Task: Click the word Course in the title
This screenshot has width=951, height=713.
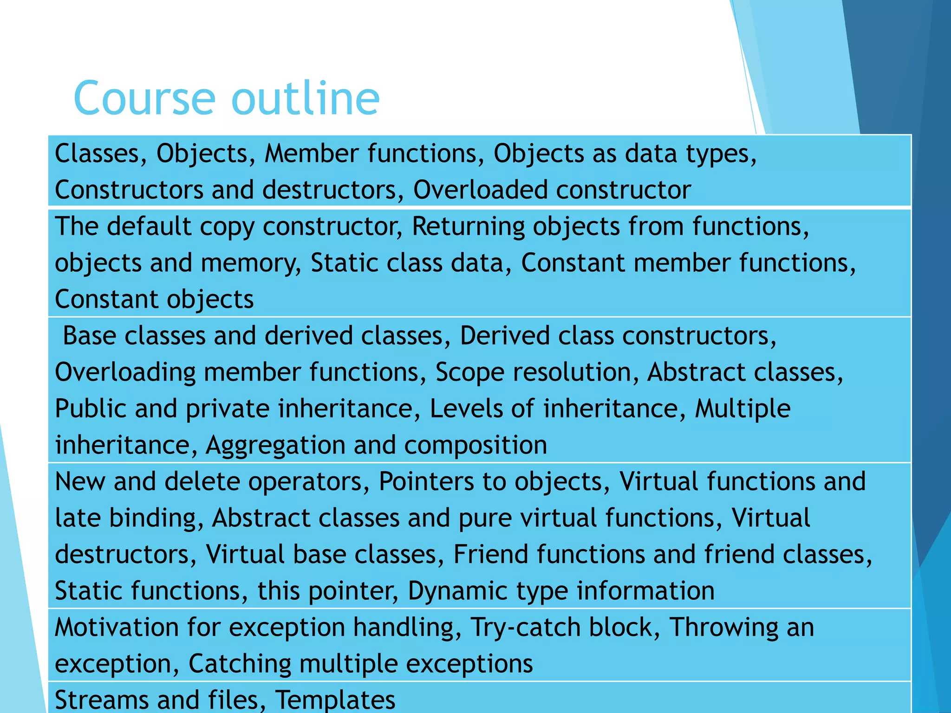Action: [144, 98]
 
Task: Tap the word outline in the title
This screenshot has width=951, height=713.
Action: [306, 98]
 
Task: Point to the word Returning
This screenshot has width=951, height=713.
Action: [469, 227]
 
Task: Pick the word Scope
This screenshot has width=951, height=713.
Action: [469, 372]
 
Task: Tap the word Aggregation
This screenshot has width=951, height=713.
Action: [275, 445]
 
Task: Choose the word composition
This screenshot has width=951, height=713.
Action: [475, 445]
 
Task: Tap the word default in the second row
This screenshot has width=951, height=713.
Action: [149, 227]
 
